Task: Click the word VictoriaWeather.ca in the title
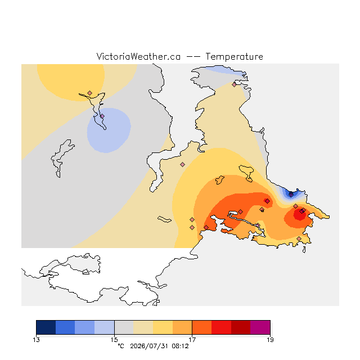point(138,56)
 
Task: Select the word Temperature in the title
point(234,56)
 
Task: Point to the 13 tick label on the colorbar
point(36,340)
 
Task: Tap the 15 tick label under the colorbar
point(114,340)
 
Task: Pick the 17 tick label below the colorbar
point(192,340)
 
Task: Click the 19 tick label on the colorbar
point(270,340)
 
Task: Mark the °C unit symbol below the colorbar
point(121,346)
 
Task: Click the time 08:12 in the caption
point(180,346)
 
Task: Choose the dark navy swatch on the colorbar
point(46,327)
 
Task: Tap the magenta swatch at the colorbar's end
point(260,327)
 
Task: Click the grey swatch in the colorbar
point(124,327)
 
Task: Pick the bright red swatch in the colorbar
point(221,327)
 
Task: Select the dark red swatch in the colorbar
point(241,327)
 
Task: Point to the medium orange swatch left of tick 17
point(182,327)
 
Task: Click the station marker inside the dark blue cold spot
point(291,195)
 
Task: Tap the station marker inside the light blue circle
point(102,116)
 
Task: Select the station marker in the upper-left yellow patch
point(90,93)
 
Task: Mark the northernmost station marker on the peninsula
point(234,84)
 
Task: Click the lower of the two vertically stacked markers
point(192,227)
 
